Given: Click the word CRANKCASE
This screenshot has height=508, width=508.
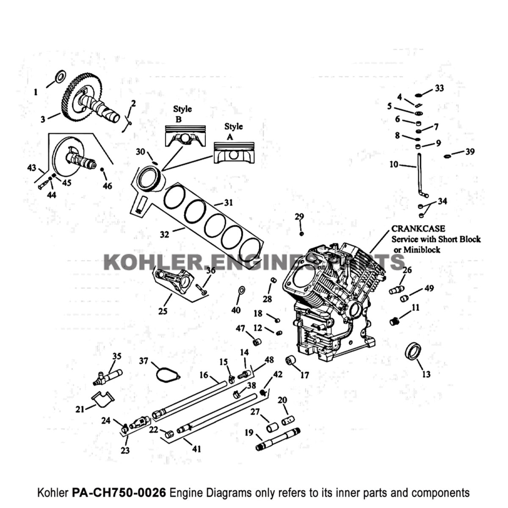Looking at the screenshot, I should click(418, 229).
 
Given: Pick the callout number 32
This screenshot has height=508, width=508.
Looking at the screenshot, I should click(164, 233).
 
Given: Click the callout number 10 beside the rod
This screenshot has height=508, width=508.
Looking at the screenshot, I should click(394, 164).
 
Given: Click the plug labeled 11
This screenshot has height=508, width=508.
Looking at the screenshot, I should click(394, 321).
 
